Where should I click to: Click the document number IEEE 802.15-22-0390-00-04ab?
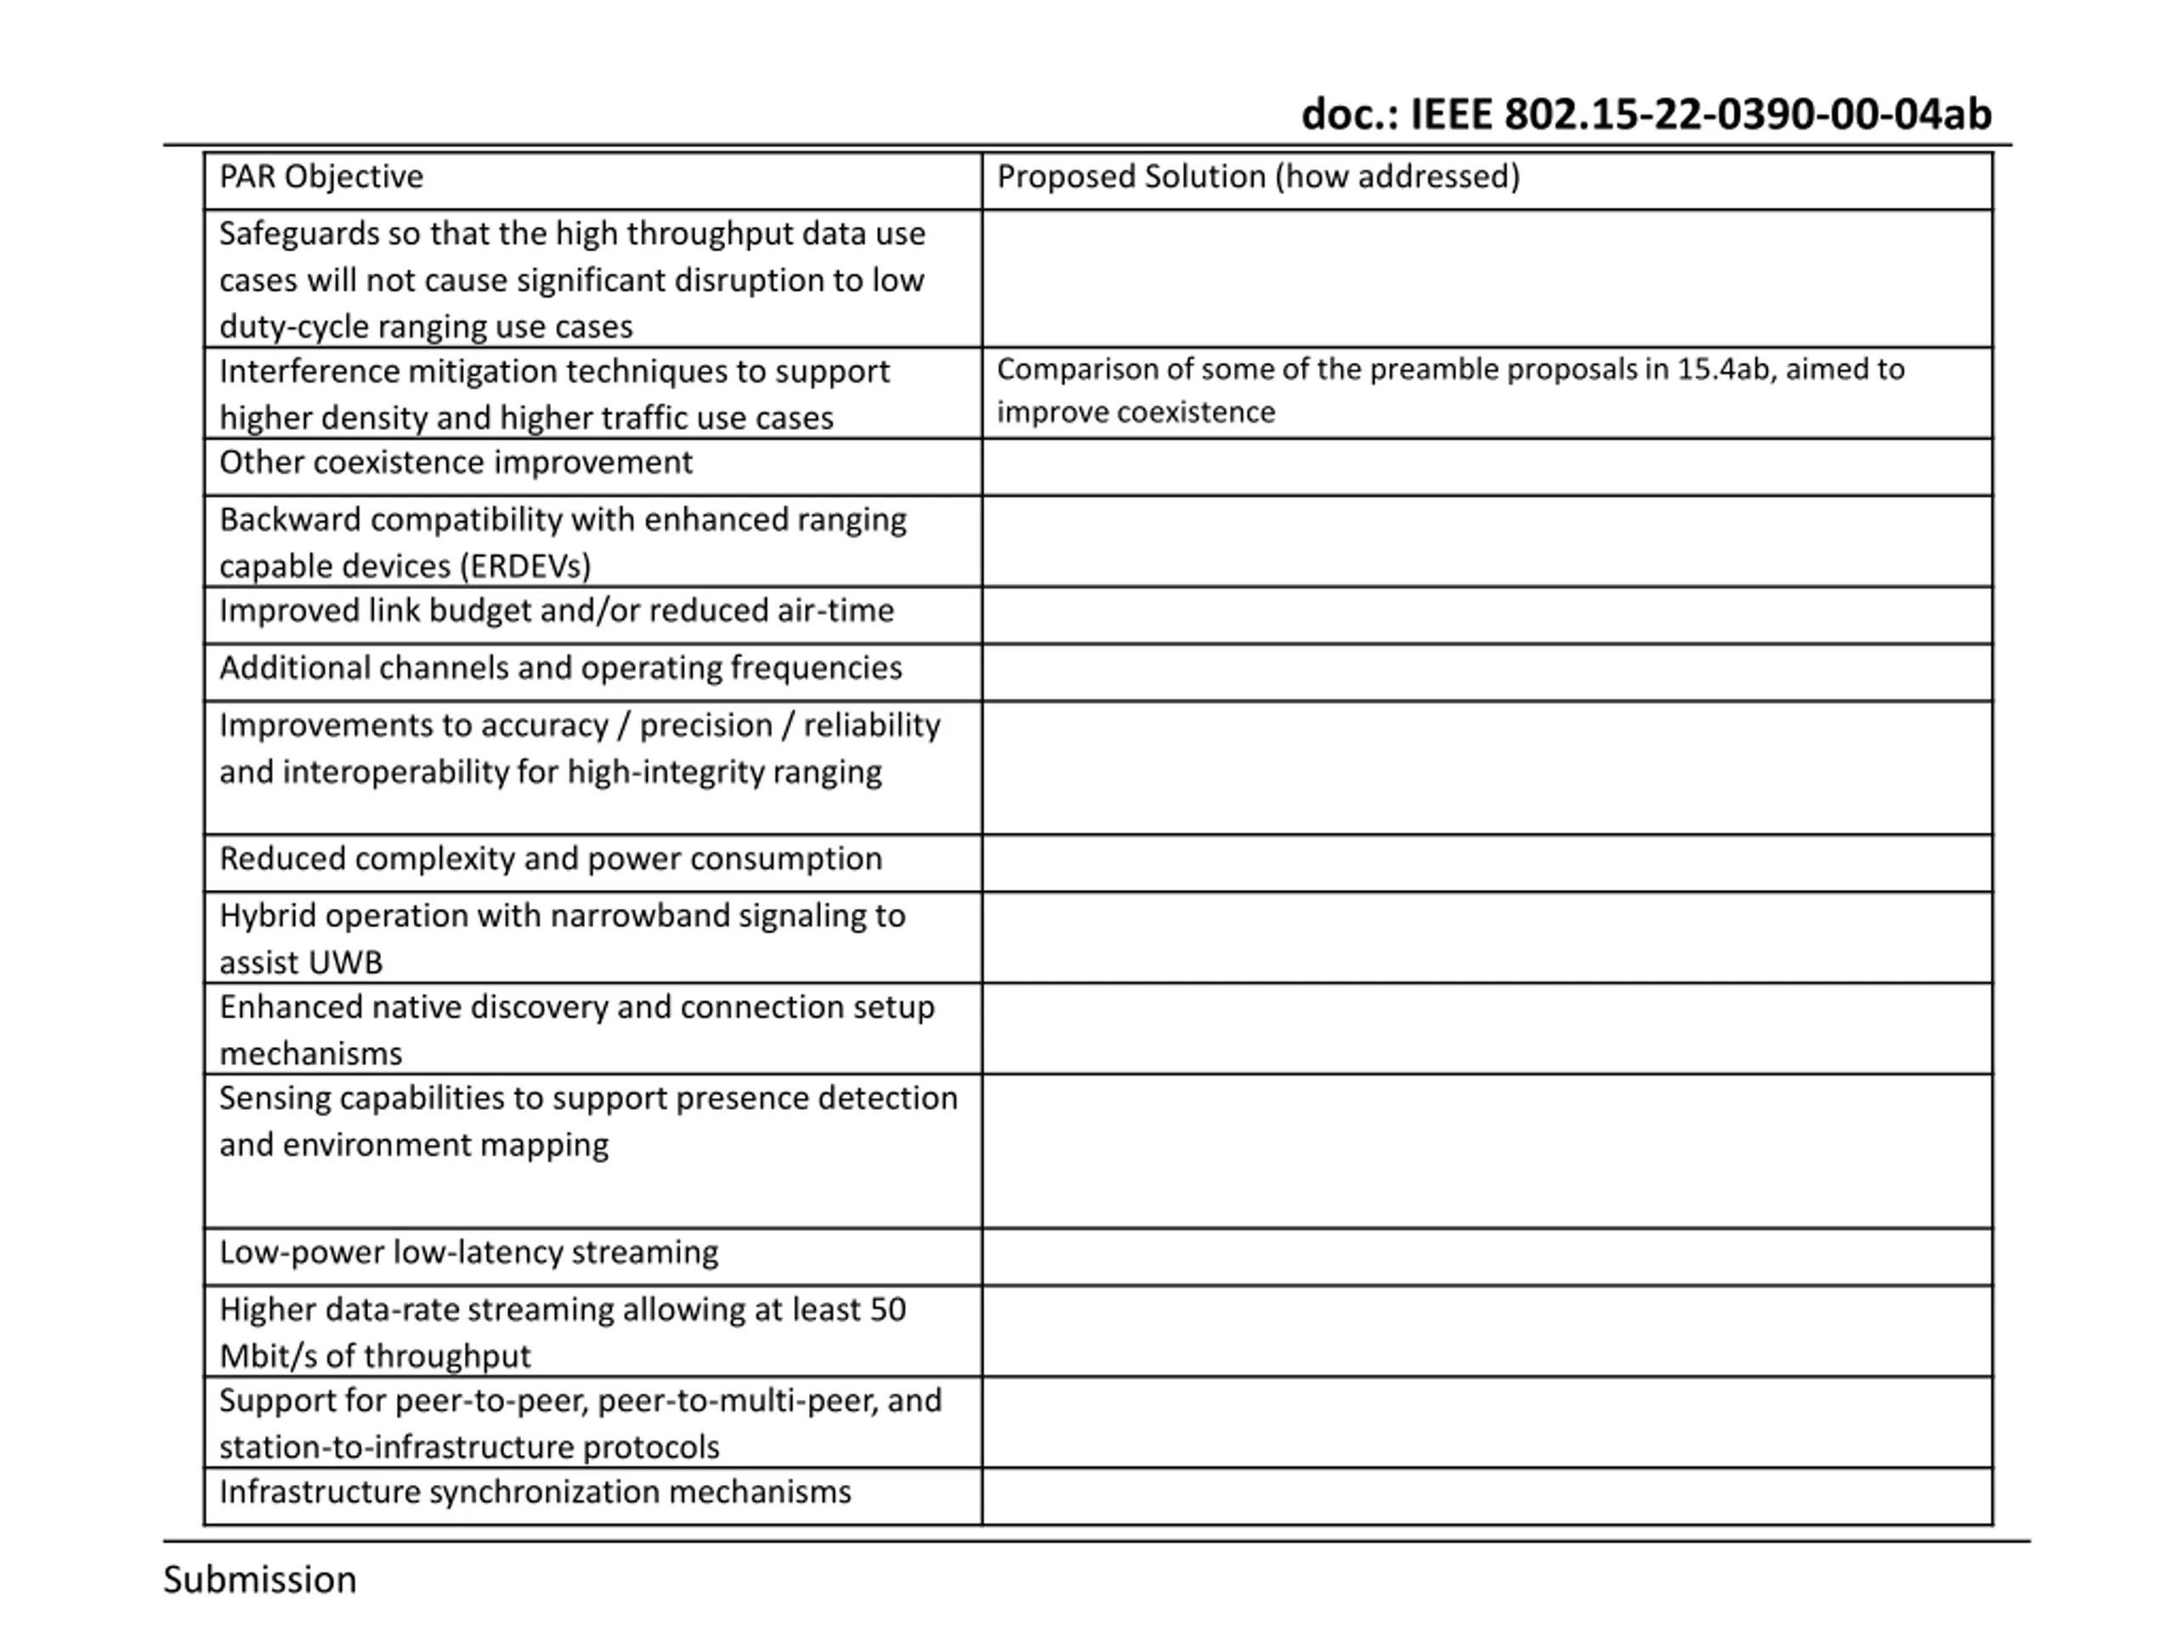tap(1646, 114)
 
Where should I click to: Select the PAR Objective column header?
tap(320, 177)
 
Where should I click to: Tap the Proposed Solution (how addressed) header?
tap(1257, 177)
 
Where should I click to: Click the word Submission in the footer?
tap(260, 1579)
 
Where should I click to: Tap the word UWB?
tap(343, 962)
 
